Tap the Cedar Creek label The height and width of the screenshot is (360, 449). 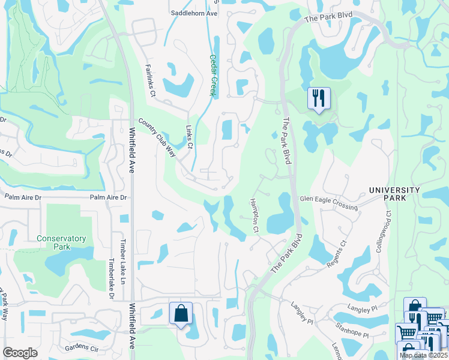tap(212, 75)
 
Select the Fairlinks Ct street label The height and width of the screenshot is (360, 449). tap(149, 81)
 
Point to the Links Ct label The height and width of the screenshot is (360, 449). tap(189, 137)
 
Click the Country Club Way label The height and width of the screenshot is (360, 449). tap(157, 137)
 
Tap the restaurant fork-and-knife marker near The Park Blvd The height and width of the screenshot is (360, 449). tap(318, 98)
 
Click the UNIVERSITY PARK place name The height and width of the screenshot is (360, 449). tap(394, 194)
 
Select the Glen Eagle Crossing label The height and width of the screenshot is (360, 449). tap(328, 202)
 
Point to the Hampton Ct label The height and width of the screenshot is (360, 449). tap(254, 215)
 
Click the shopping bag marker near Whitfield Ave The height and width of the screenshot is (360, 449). tap(181, 313)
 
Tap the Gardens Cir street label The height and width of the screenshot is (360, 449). tap(81, 347)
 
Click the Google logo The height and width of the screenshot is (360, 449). tap(20, 353)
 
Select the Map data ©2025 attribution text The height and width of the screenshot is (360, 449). tap(423, 355)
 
